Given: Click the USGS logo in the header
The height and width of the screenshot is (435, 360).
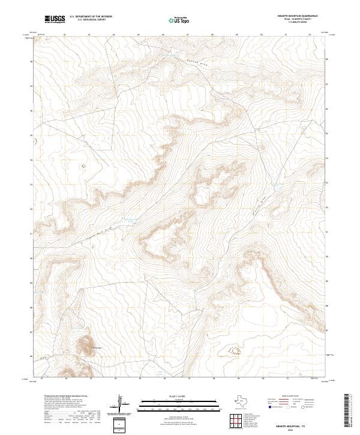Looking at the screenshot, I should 55,19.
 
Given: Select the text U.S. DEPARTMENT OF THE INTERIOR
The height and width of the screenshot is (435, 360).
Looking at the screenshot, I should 91,17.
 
